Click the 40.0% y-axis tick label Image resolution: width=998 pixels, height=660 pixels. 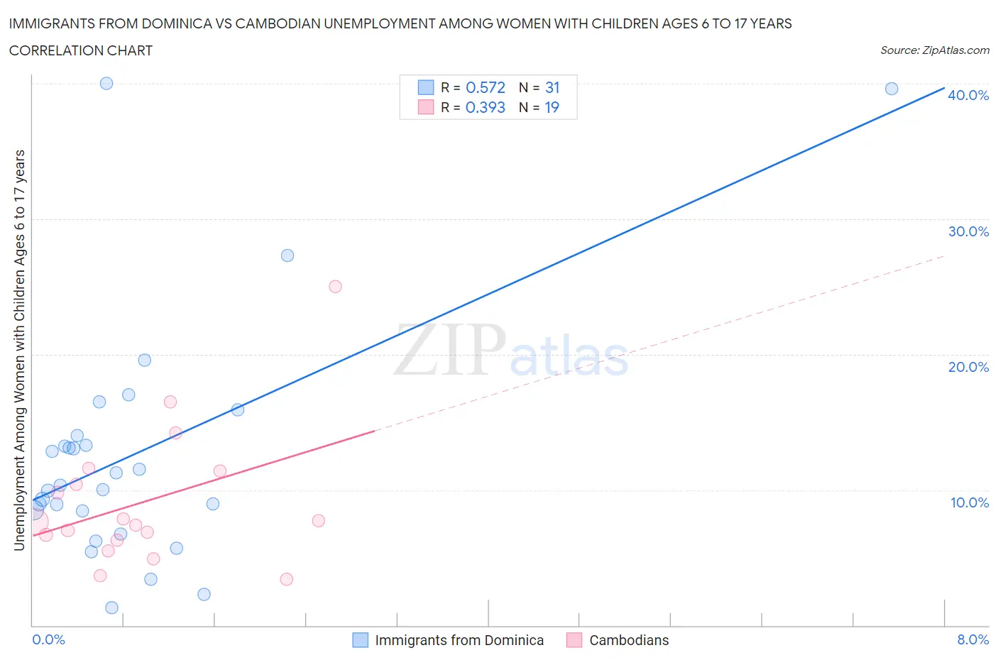click(968, 95)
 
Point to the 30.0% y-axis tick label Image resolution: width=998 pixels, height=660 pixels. click(968, 231)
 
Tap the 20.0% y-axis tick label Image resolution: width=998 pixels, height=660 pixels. click(968, 367)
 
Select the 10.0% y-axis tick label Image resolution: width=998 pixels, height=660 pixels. click(969, 502)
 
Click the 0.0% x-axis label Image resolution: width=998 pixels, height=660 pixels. click(48, 639)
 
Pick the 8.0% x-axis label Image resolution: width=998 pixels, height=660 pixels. click(972, 639)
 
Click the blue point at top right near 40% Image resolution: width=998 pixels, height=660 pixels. click(892, 89)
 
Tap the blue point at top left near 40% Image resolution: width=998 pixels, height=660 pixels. click(106, 83)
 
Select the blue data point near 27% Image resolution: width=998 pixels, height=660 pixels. click(287, 255)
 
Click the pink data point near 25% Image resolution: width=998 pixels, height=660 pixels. click(335, 287)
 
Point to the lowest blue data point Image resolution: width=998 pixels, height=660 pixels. click(111, 607)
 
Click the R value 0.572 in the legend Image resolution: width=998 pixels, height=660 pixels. click(486, 87)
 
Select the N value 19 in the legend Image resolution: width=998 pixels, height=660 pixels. click(552, 107)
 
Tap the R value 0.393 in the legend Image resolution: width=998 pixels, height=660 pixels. click(486, 107)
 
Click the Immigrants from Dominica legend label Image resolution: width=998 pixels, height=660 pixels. click(459, 640)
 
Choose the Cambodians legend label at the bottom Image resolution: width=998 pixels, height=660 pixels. click(629, 640)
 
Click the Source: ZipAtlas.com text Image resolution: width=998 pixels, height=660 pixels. click(934, 50)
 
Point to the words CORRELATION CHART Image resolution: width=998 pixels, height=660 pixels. click(81, 50)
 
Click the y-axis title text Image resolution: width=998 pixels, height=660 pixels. click(19, 351)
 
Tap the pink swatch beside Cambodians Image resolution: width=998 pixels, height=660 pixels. click(574, 640)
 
